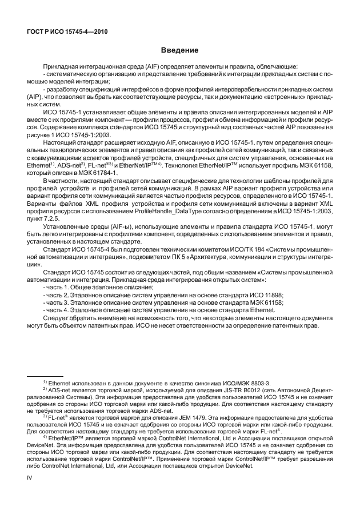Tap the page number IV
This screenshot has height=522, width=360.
25,491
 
